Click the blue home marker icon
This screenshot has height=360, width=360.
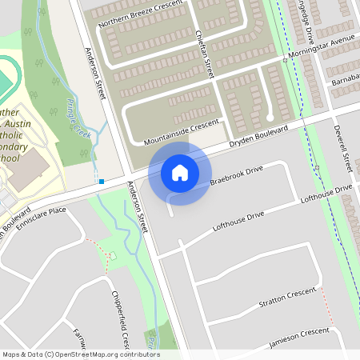[180, 173]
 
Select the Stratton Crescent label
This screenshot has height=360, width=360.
[289, 299]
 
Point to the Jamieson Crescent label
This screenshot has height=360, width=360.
[298, 337]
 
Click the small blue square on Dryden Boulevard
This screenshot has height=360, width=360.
[102, 182]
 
